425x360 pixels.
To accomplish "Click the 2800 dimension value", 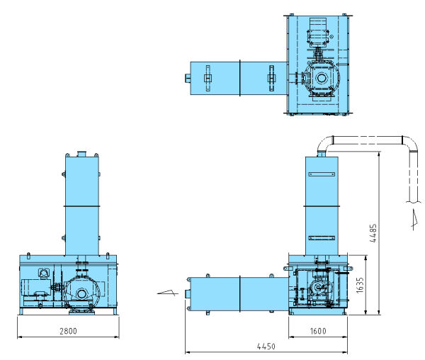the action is coord(68,331).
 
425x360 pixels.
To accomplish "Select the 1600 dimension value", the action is coord(318,331).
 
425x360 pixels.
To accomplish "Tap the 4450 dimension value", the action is coord(266,346).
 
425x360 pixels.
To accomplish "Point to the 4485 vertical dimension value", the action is coord(373,233).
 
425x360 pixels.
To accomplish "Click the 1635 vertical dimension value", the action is coord(360,285).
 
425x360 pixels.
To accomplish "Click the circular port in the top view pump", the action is coord(322,79).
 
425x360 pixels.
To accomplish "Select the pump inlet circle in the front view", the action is coord(81,293).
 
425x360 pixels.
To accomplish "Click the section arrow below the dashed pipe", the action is coord(414,220).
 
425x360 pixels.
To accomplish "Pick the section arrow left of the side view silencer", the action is coord(168,293).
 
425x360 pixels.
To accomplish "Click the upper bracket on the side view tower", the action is coord(322,174).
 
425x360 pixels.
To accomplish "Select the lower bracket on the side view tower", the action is coord(322,238).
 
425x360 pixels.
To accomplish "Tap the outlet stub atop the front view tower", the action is coord(81,154).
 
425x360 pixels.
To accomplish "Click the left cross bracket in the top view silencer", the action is coord(208,79).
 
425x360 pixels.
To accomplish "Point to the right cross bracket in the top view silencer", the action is coord(271,79).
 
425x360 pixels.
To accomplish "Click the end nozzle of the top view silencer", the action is coord(188,79).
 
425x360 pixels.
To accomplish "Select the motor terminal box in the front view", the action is coord(44,273).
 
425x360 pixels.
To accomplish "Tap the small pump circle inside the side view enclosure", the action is coord(318,287).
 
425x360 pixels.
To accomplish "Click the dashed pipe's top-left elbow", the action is coord(325,145).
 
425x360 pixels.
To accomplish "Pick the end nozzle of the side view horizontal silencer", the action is coord(186,294).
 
